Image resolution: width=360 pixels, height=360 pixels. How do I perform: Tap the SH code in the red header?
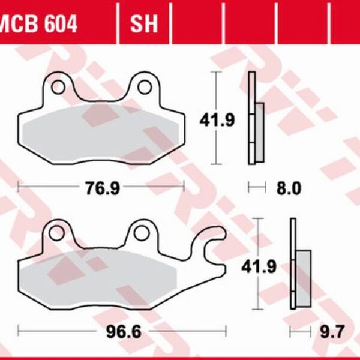[144, 24]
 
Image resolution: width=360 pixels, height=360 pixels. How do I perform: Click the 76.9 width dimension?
[101, 188]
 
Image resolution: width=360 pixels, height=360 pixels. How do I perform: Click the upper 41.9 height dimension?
[208, 121]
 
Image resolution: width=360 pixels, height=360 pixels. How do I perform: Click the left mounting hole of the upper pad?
[58, 87]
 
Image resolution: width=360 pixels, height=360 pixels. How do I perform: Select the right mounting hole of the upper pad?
[144, 87]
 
